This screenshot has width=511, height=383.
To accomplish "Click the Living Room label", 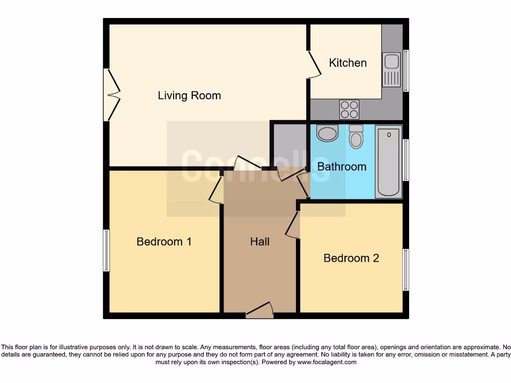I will (189, 95).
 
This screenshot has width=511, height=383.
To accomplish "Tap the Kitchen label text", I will (348, 63).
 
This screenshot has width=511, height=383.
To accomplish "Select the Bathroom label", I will (342, 167).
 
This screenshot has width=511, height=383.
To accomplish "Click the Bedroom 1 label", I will (164, 242).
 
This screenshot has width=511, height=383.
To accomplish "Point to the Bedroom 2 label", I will (351, 258).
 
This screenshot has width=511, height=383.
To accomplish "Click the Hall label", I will (259, 242).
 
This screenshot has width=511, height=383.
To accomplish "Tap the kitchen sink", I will (392, 69).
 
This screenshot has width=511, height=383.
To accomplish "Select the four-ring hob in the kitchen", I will (349, 109).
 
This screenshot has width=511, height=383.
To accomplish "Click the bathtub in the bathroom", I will (389, 162).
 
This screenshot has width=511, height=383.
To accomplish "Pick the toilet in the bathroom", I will (356, 137).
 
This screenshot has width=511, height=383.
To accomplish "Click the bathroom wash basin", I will (327, 134).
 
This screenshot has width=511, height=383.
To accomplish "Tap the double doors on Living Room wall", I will (112, 95).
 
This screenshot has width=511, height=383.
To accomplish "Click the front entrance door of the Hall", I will (260, 311).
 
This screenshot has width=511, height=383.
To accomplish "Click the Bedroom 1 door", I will (216, 190).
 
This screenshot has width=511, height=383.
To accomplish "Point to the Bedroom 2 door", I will (293, 224).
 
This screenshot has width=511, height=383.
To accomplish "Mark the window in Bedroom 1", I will (106, 250).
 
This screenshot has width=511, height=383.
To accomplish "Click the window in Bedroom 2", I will (406, 270).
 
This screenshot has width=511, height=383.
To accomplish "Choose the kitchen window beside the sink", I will (406, 70).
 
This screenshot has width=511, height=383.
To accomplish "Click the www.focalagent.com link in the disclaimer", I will (326, 362).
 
